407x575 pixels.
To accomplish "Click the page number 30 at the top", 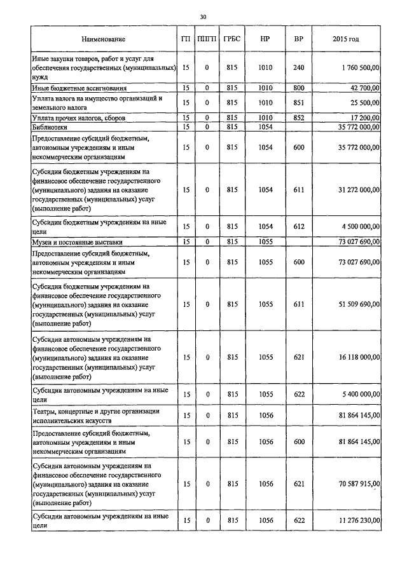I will click(203, 17).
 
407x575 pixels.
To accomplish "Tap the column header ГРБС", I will click(231, 39).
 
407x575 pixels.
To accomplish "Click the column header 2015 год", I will click(345, 39).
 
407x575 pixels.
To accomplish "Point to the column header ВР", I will click(298, 39).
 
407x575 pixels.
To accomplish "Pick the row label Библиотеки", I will click(50, 128).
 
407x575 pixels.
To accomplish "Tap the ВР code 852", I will click(298, 118).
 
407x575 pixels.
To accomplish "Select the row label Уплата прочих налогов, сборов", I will click(74, 118).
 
